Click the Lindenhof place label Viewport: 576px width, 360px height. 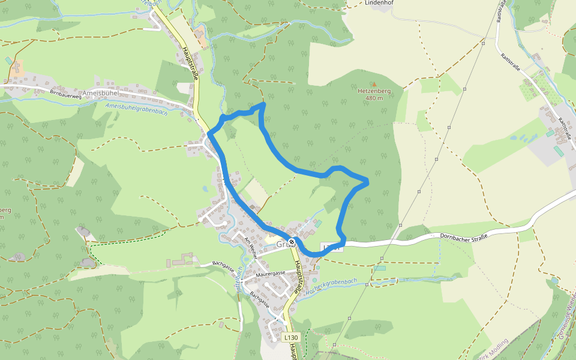[x=379, y=3]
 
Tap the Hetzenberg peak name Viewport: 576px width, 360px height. [x=374, y=91]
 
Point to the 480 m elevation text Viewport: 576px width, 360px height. [x=374, y=98]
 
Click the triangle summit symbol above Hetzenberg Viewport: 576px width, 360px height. [x=375, y=84]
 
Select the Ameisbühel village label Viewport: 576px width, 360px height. [x=100, y=93]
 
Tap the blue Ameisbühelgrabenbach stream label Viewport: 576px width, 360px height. [x=136, y=109]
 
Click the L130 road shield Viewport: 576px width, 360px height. [x=291, y=337]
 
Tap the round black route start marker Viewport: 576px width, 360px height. [x=292, y=242]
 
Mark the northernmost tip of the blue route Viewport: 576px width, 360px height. [x=263, y=105]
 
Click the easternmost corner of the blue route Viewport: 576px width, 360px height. [x=366, y=179]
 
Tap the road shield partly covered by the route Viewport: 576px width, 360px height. [x=332, y=247]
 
